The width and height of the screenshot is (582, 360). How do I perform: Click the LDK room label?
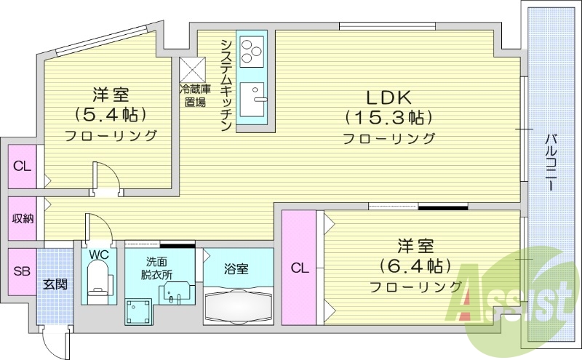tap(388, 97)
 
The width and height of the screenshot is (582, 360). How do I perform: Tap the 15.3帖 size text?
tap(388, 117)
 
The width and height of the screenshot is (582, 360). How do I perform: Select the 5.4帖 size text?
tap(111, 114)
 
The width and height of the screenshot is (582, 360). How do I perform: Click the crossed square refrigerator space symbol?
tap(193, 71)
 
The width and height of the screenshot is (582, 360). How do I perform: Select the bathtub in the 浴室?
tap(239, 305)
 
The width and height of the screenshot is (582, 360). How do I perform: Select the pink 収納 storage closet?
tap(21, 218)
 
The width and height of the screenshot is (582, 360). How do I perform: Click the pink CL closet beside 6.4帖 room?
tap(299, 268)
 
